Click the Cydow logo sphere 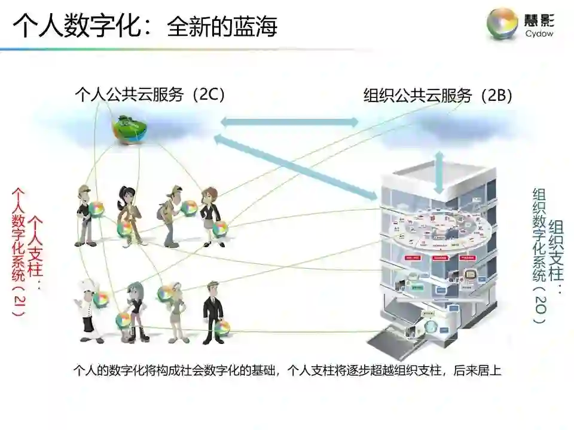point(502,23)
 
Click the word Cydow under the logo point(539,34)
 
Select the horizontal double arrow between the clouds point(289,122)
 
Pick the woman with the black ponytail point(128,212)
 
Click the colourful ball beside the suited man point(222,327)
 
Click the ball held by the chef point(102,299)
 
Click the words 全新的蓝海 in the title point(222,27)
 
